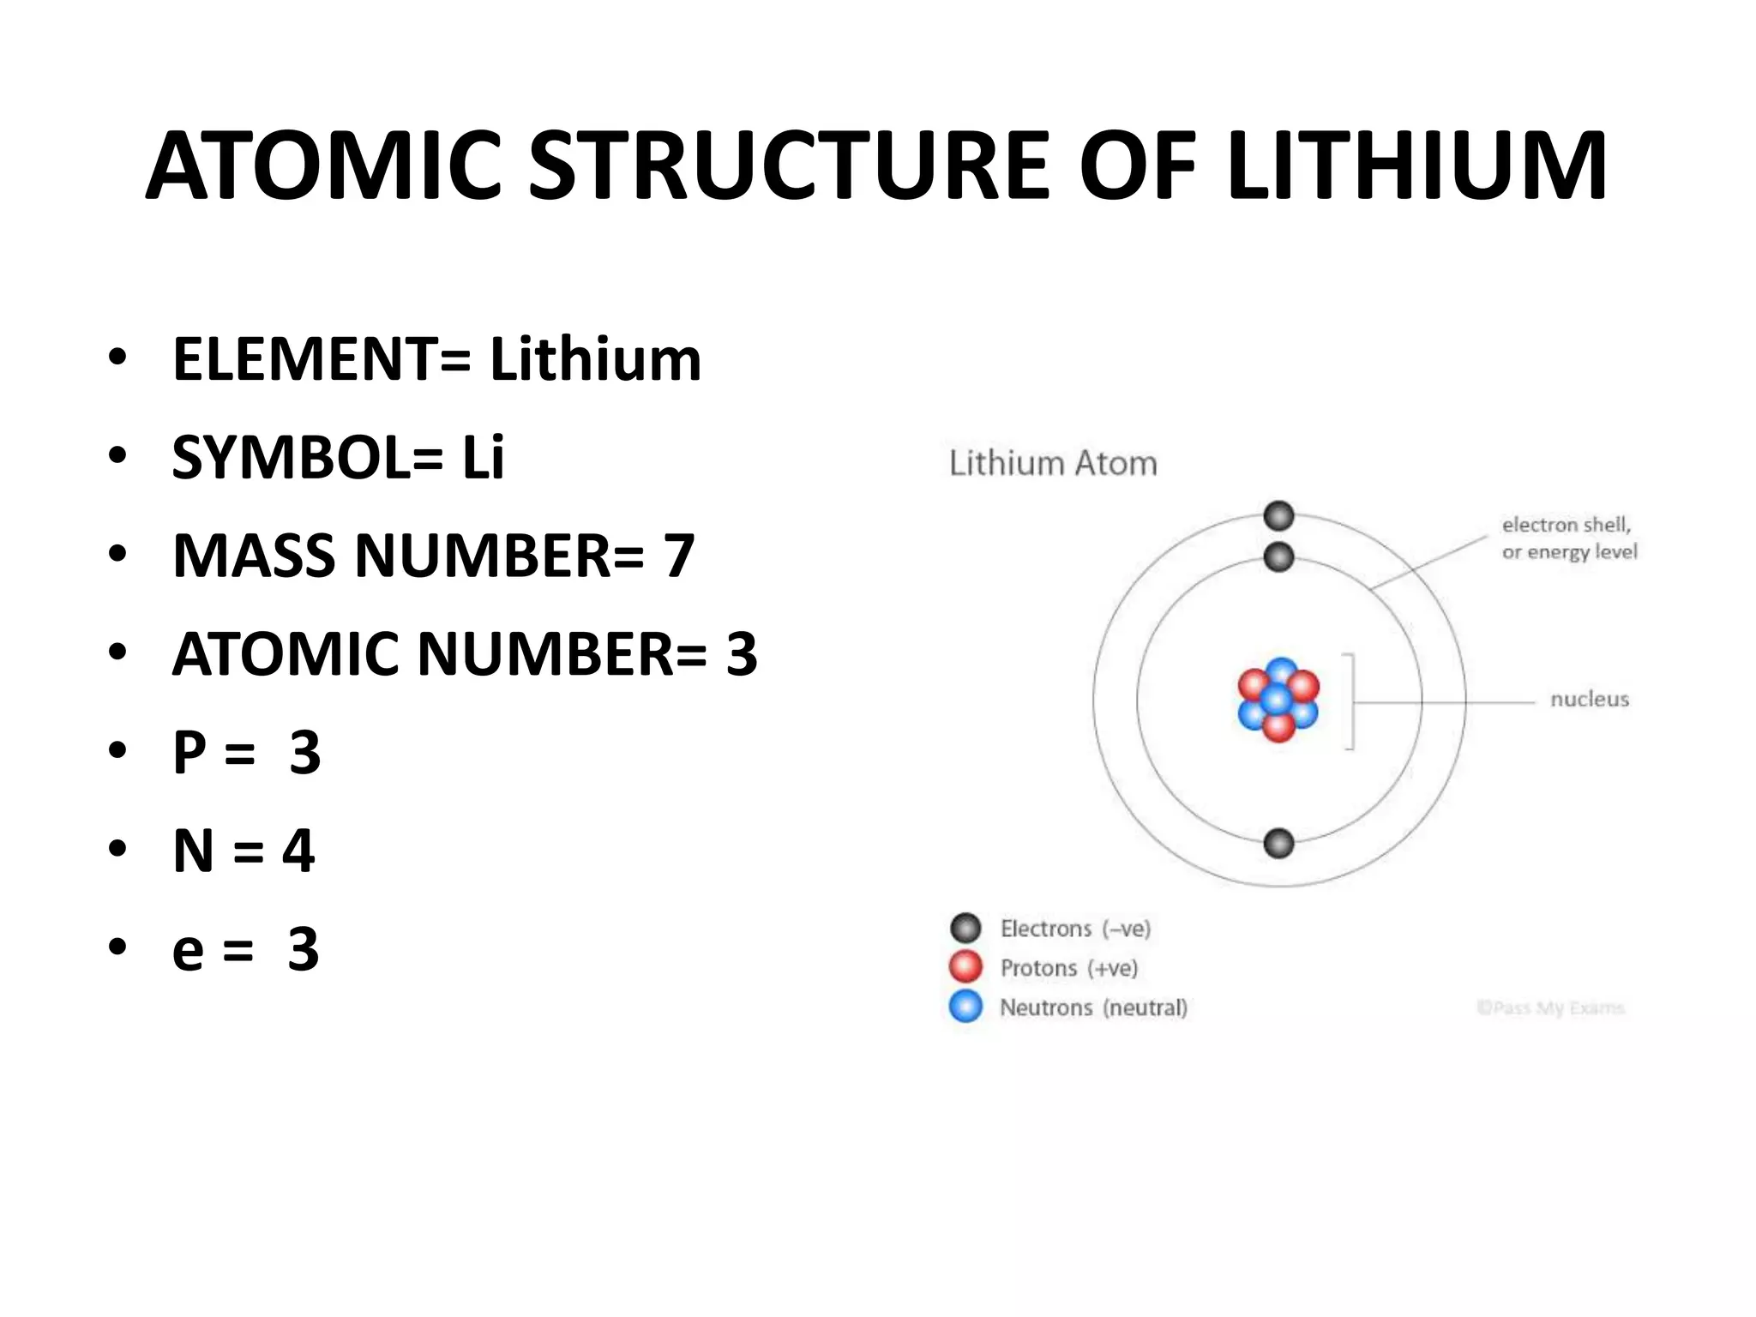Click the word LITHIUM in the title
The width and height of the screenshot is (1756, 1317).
(1416, 165)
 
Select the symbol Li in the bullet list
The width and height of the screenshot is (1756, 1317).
(484, 457)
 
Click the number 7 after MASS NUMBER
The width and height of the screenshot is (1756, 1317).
(679, 556)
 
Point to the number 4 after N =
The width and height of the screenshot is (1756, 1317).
(298, 851)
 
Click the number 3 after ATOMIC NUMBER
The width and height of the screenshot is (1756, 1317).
(742, 654)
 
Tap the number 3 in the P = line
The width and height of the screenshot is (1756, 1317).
(305, 753)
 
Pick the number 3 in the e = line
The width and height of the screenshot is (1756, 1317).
(304, 949)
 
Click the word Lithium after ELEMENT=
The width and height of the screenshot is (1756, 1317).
(595, 359)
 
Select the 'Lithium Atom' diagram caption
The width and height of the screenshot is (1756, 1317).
(1053, 464)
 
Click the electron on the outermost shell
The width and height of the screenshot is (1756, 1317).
(1278, 516)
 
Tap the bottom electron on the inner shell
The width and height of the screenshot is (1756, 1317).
(1278, 844)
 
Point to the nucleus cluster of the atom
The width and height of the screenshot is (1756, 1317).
(1278, 700)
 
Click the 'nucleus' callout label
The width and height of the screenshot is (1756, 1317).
(1590, 700)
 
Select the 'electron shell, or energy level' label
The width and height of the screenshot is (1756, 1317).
(1568, 538)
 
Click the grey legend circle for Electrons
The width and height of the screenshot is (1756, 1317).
(965, 928)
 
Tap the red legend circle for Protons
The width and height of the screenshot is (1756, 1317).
(965, 967)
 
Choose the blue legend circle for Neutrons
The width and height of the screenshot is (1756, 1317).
(965, 1007)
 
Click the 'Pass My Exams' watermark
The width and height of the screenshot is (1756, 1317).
(1550, 1008)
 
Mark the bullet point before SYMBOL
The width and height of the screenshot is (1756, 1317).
(117, 457)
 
